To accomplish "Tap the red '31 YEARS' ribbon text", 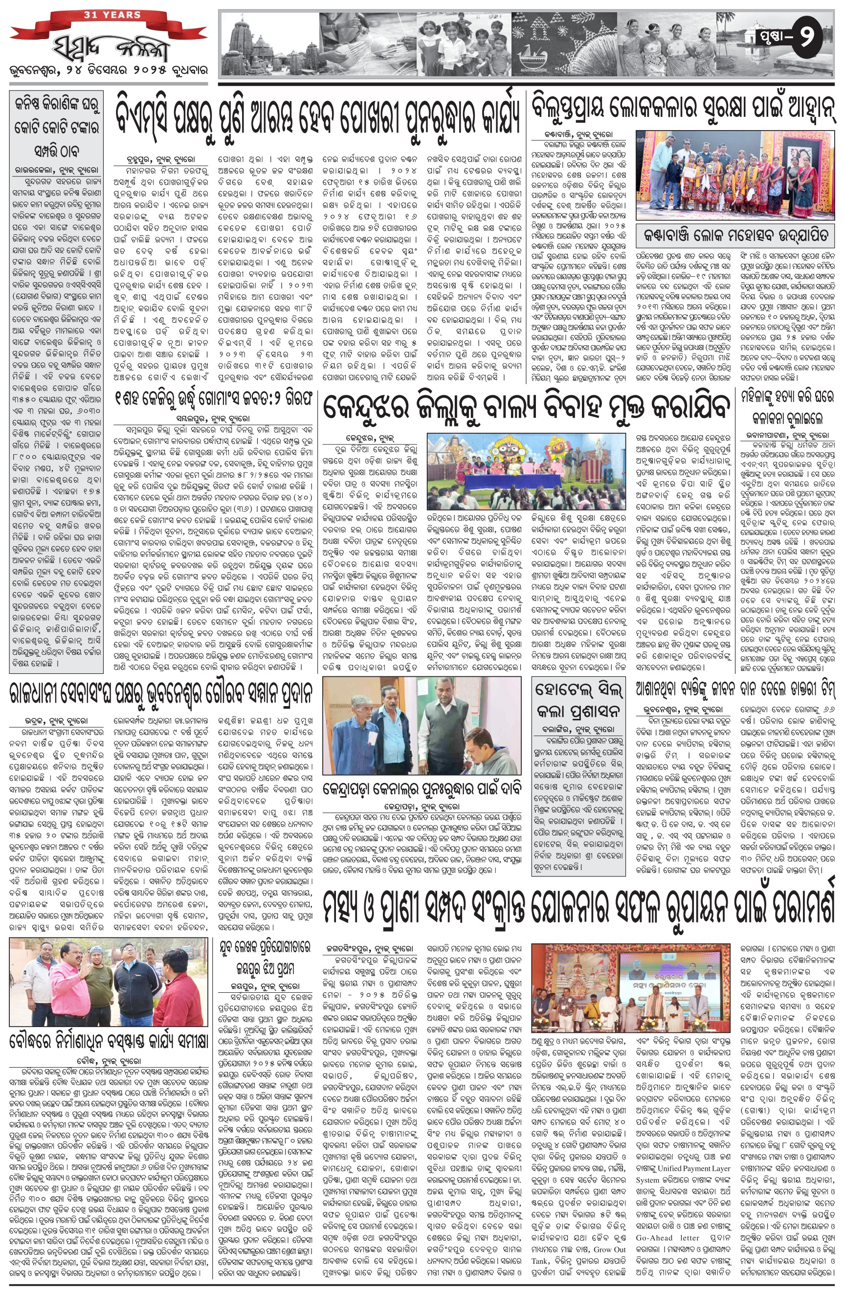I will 112,15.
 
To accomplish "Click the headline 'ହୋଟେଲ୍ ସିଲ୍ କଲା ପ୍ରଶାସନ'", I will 578,699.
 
